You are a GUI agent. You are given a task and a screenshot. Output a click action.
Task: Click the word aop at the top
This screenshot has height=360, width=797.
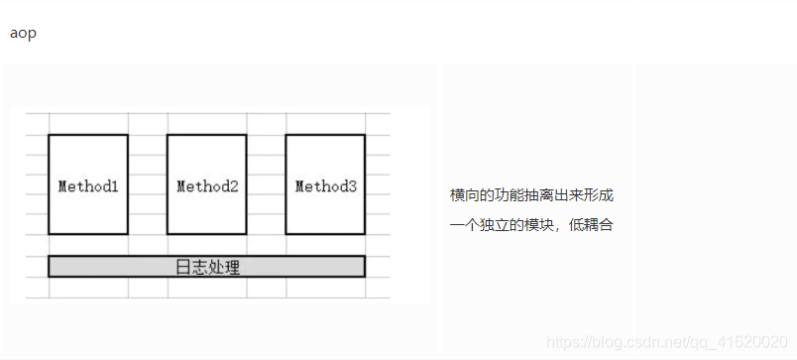[x=23, y=33]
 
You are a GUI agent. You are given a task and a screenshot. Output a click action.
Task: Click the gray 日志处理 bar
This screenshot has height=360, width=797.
[x=206, y=266]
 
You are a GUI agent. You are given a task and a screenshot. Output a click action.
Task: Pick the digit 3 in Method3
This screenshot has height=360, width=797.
[x=352, y=185]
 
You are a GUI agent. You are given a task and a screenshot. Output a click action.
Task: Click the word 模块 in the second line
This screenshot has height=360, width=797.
[x=540, y=225]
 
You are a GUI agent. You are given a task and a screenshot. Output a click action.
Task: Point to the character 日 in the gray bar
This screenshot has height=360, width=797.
[x=182, y=266]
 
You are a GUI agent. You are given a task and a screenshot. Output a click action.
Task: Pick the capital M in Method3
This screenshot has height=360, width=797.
[x=300, y=185]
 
